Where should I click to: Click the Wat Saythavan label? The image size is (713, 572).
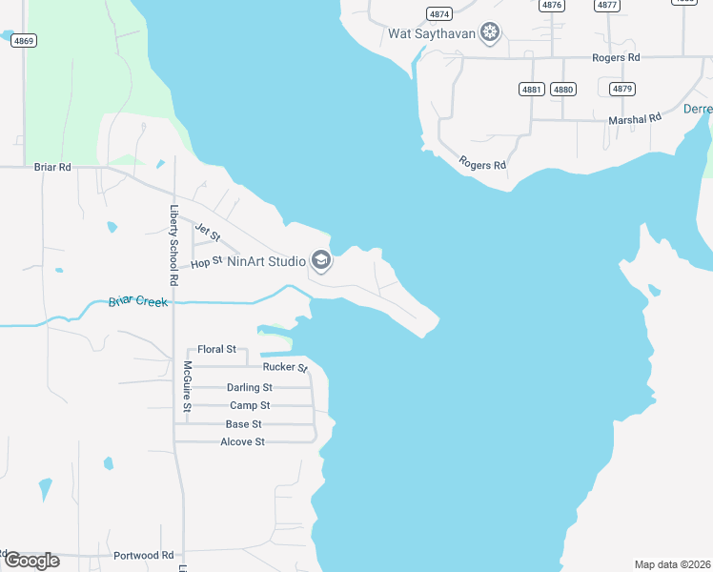point(431,34)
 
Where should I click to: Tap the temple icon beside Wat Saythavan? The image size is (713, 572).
point(490,34)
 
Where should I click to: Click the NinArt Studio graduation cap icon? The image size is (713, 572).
point(321,260)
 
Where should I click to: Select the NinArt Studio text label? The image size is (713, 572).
point(265,260)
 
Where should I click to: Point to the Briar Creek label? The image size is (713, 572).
point(137,302)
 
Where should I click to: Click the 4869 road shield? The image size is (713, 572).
point(25,40)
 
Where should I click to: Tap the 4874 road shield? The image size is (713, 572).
point(439,14)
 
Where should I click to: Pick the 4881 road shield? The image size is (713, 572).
point(532,90)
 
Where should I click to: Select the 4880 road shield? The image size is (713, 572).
point(563,90)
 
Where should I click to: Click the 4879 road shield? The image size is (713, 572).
point(622,89)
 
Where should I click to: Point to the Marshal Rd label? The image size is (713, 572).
point(635,119)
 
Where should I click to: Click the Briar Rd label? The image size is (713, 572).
point(52,167)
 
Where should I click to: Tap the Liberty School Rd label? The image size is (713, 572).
point(173,246)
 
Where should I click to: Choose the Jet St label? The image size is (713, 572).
point(207,231)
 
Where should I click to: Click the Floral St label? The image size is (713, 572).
point(216,350)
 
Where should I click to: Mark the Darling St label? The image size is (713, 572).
point(250,387)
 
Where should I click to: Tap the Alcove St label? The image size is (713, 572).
point(242,442)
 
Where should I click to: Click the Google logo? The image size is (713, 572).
point(31,560)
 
